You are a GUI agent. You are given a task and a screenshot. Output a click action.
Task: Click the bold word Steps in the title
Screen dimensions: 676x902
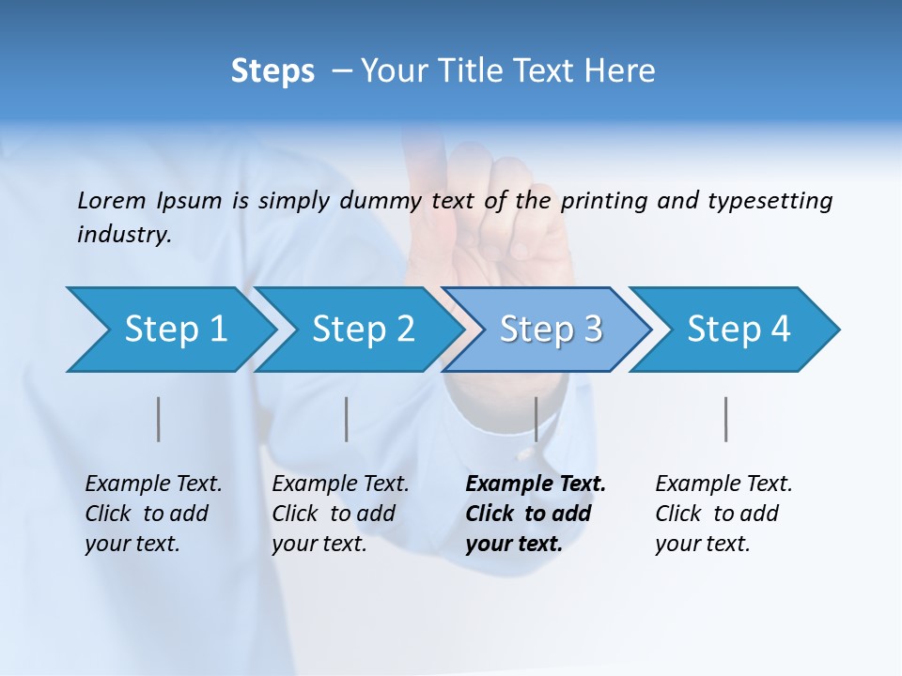[272, 71]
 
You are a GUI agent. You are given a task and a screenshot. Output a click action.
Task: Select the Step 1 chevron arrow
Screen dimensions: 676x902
[175, 330]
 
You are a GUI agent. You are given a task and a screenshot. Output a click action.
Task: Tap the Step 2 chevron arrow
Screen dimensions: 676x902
[363, 330]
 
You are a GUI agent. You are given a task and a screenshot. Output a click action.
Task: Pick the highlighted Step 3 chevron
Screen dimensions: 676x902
[551, 330]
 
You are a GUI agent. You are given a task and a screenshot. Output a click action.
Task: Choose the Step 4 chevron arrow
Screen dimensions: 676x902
[739, 330]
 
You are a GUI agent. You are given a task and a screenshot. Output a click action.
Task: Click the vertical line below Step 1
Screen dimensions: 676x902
[159, 419]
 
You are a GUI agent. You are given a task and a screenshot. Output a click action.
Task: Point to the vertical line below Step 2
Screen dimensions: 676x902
[347, 419]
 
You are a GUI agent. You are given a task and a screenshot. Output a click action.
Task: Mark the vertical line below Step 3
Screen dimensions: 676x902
[536, 419]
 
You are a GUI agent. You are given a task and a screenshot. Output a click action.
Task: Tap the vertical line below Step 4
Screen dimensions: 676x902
[725, 419]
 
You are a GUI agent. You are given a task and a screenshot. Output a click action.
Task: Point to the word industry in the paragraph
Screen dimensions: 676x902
[124, 235]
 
